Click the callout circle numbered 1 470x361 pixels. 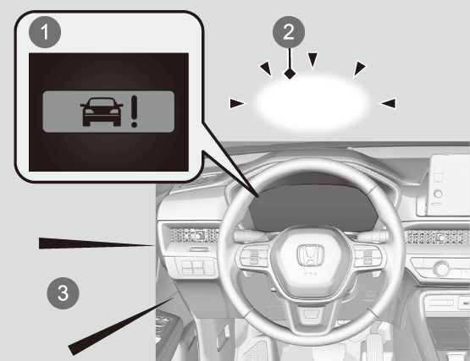tap(45, 32)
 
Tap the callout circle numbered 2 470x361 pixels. tap(289, 32)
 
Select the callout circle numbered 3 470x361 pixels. tap(63, 293)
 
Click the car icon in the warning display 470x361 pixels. tap(102, 112)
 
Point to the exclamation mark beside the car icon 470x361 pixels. tap(135, 112)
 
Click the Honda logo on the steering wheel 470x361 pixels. tap(311, 255)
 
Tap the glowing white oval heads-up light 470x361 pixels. tap(311, 103)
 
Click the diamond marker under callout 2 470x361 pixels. tap(290, 74)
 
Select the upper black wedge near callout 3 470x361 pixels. tap(96, 243)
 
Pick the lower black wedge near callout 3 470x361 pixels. tap(121, 326)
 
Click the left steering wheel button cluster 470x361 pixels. tap(253, 257)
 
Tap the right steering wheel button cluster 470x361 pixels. tap(368, 256)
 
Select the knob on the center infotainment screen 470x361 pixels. tap(438, 194)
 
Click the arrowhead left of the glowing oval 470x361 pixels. tap(238, 104)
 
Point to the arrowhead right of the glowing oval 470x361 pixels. tap(387, 103)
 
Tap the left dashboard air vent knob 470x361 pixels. tap(198, 236)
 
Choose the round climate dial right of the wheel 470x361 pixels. tap(442, 269)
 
